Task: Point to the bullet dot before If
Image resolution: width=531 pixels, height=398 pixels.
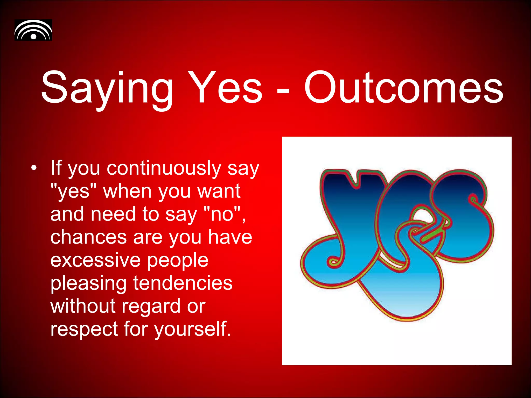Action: [33, 168]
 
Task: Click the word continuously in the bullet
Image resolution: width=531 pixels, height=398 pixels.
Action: [164, 168]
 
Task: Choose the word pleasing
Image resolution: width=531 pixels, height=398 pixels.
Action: [88, 283]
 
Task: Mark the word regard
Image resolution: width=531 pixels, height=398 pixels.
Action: [151, 307]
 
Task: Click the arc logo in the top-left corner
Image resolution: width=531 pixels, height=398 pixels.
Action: [33, 30]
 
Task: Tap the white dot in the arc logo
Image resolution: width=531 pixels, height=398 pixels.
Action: [33, 36]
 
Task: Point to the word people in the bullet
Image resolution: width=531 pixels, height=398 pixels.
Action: [178, 260]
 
